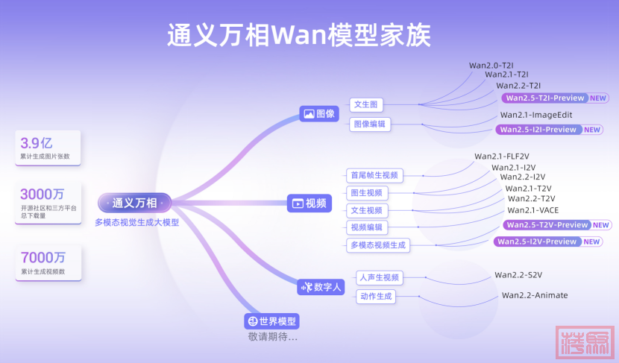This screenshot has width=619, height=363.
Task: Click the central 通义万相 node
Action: click(135, 203)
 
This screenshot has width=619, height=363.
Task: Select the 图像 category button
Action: click(319, 114)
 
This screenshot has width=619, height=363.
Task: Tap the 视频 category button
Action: click(309, 203)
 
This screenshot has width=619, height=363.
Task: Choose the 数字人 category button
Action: click(320, 286)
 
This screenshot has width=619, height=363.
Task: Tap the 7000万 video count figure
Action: click(42, 257)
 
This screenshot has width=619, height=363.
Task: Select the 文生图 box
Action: click(367, 105)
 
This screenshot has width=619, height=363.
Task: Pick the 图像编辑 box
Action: click(370, 124)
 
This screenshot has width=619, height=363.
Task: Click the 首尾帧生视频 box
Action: click(375, 176)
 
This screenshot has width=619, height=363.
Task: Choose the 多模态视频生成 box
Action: click(380, 244)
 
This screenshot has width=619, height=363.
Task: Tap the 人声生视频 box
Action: click(379, 278)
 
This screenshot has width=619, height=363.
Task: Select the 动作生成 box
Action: click(375, 297)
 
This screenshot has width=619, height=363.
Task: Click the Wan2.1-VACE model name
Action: click(533, 210)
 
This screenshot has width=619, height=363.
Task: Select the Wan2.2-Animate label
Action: click(534, 295)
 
